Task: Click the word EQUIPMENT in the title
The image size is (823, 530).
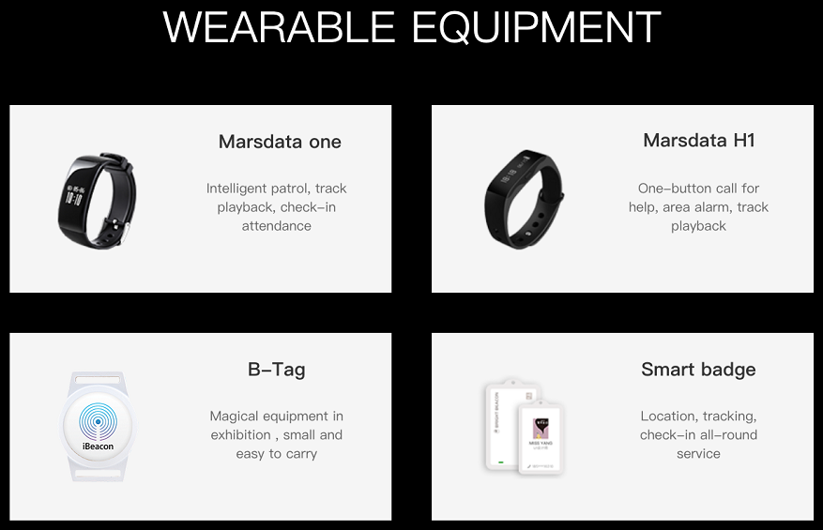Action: coord(536,28)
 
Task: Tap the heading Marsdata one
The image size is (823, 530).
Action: coord(280,142)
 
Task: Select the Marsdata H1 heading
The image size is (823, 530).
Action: coord(698,141)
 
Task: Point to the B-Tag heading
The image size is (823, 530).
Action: coord(276,370)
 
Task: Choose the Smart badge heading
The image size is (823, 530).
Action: coord(698,370)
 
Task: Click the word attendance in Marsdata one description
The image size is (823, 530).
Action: coord(276,226)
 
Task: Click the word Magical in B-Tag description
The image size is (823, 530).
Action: coord(236,416)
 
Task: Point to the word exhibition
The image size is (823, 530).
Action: coord(240,435)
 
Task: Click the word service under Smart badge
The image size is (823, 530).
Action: coord(698,454)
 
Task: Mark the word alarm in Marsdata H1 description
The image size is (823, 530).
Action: coord(712,207)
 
